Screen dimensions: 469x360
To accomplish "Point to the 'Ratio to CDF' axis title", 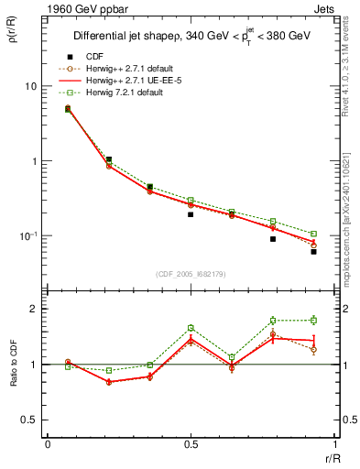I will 14,363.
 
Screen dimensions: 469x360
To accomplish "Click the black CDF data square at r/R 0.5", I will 191,214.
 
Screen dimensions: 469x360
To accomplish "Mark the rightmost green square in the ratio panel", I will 313,320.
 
